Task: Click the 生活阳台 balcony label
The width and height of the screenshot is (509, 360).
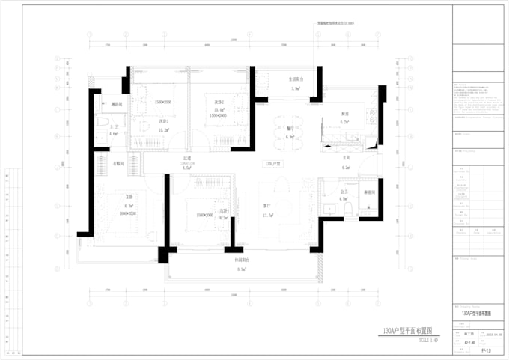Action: [x=295, y=79]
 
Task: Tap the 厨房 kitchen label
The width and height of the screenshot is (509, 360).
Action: [x=345, y=114]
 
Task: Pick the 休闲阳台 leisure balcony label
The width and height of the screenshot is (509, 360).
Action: [x=241, y=260]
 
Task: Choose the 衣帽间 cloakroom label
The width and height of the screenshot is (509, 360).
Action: [x=118, y=162]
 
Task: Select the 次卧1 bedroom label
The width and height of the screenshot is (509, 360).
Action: [x=162, y=121]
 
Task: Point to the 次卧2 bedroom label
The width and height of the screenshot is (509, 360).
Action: [x=219, y=102]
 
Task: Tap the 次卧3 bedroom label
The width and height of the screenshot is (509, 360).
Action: [x=223, y=210]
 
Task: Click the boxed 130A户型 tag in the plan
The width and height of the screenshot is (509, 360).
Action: [x=272, y=163]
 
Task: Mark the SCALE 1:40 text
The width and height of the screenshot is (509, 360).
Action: [x=421, y=341]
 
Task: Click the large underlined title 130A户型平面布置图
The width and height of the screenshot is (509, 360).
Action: [x=406, y=330]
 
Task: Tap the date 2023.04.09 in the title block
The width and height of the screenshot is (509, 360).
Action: [x=491, y=335]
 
